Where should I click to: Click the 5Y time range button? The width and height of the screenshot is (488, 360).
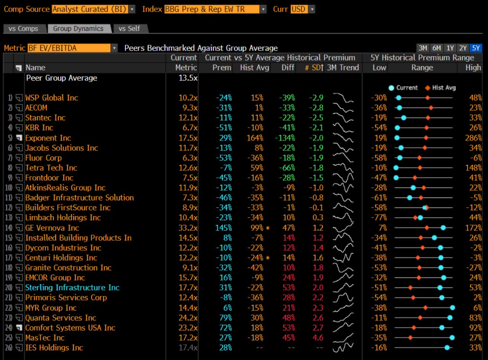[x=476, y=48]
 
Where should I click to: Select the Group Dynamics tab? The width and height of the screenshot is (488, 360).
[x=78, y=29]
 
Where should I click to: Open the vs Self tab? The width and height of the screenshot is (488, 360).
[x=129, y=29]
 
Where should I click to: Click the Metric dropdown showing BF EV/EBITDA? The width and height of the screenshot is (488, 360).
[x=72, y=48]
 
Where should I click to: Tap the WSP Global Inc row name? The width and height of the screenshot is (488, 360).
[x=51, y=98]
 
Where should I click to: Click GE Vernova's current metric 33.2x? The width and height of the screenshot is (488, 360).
[x=188, y=228]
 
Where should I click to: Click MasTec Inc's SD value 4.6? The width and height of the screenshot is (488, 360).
[x=318, y=337]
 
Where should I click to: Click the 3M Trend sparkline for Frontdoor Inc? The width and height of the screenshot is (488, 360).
[x=343, y=178]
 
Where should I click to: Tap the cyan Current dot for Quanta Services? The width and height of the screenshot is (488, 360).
[x=450, y=318]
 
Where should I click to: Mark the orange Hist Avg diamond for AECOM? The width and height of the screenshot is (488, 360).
[x=431, y=108]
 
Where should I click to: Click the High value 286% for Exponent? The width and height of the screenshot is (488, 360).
[x=474, y=138]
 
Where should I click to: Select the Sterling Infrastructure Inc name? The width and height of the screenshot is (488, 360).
[x=72, y=288]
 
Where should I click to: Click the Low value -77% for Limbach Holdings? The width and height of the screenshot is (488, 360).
[x=379, y=217]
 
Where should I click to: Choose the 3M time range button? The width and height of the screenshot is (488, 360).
[x=423, y=48]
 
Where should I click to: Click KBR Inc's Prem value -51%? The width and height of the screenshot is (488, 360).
[x=223, y=127]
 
